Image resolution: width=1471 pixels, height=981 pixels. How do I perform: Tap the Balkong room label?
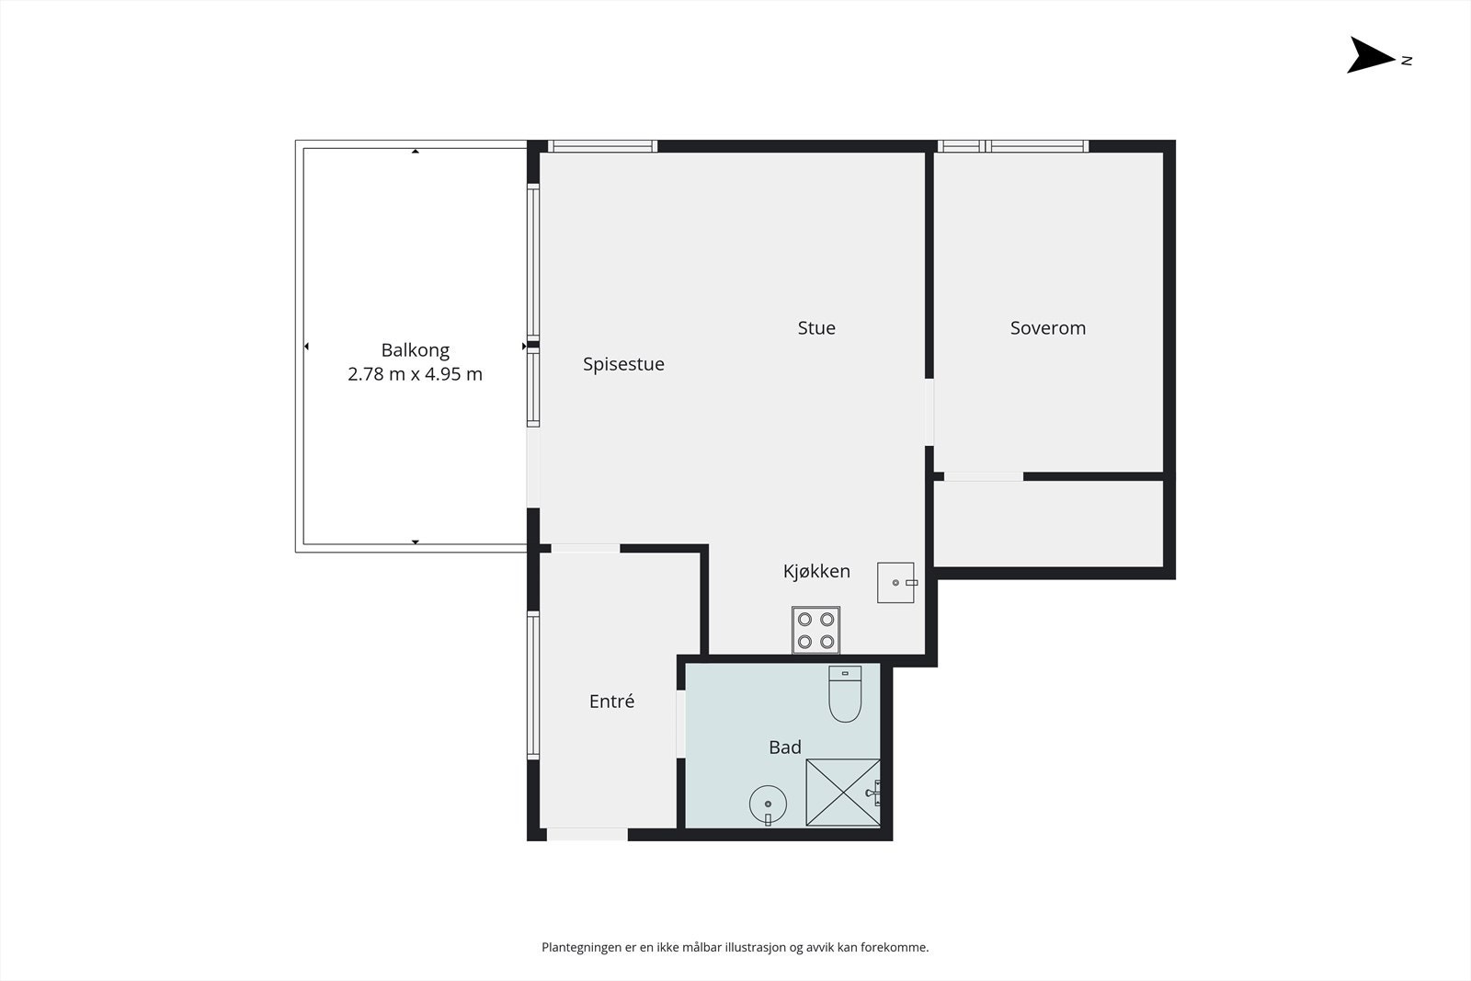coord(415,350)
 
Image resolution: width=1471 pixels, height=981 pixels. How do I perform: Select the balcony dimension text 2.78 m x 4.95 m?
coord(415,374)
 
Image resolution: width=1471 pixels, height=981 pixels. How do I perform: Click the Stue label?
coord(816,328)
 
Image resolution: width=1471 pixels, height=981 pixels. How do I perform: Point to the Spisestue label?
coord(623,364)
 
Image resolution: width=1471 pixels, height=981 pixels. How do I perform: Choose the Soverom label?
coord(1047,328)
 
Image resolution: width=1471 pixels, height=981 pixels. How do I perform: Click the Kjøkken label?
coord(816,571)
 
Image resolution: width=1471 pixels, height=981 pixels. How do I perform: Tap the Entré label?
coord(611,702)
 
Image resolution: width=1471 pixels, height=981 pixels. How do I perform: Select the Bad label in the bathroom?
coord(784,747)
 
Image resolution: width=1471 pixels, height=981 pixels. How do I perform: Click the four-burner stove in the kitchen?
coord(815,630)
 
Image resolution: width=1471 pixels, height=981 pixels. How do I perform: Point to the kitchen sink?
coord(895,583)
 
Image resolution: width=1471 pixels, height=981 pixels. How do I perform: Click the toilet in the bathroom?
coord(845,695)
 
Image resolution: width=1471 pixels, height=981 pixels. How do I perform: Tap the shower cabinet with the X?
coord(842,792)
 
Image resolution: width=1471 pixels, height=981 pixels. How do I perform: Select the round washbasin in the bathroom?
coord(768,805)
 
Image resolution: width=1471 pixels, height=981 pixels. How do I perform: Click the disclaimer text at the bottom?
coord(735,947)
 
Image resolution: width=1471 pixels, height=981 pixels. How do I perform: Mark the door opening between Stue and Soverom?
coord(929,412)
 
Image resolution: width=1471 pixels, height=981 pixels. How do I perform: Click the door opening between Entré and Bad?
coord(681,724)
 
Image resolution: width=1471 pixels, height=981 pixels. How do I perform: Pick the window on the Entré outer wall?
coord(532,685)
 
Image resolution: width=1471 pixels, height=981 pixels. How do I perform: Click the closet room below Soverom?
coord(1048,523)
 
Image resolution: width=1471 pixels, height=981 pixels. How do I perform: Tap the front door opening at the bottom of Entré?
coord(587,834)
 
